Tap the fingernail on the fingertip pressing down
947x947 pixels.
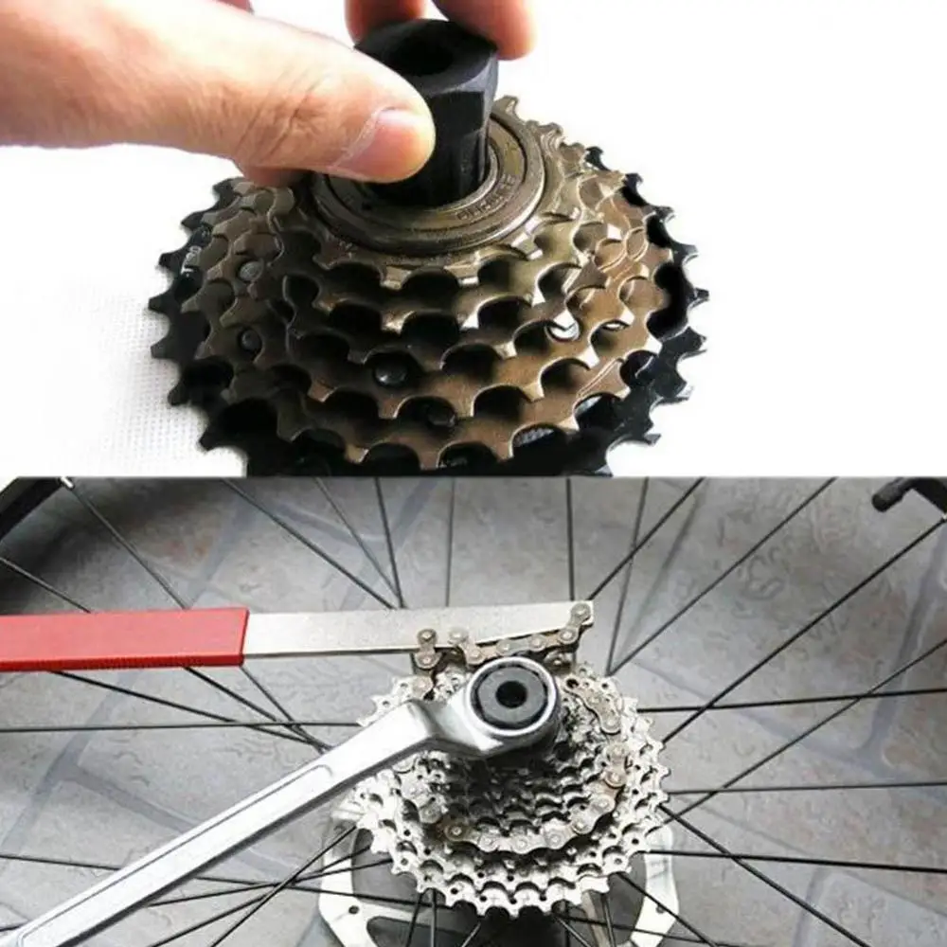point(392,142)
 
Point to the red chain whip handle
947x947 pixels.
point(123,638)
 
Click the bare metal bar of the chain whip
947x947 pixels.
point(379,629)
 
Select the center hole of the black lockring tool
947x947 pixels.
point(510,695)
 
